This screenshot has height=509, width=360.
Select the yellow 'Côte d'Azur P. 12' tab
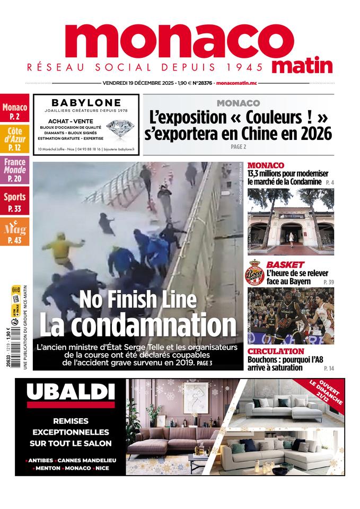(14, 139)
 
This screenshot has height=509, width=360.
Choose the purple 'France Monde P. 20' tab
(14, 170)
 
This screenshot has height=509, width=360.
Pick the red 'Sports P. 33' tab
(14, 202)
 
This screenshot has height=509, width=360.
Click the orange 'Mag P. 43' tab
(14, 233)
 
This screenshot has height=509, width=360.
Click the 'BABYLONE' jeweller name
(86, 102)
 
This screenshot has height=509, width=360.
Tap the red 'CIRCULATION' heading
(276, 352)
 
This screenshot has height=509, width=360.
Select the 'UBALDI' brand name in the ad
(70, 392)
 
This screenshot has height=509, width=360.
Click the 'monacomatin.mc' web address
(241, 84)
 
